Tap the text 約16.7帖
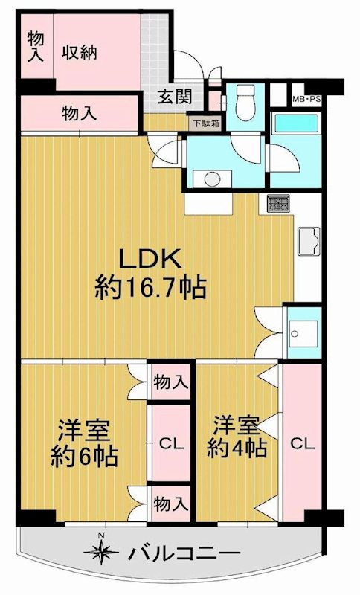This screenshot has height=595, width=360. pos(150,286)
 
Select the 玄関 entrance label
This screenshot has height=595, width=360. pos(175,96)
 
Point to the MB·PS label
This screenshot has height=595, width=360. pos(306,98)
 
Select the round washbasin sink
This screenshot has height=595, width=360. pos(213,178)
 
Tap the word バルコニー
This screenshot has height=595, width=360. pos(183,554)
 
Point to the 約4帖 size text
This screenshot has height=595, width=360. pos(239,448)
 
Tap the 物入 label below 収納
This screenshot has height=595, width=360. pos(79,114)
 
